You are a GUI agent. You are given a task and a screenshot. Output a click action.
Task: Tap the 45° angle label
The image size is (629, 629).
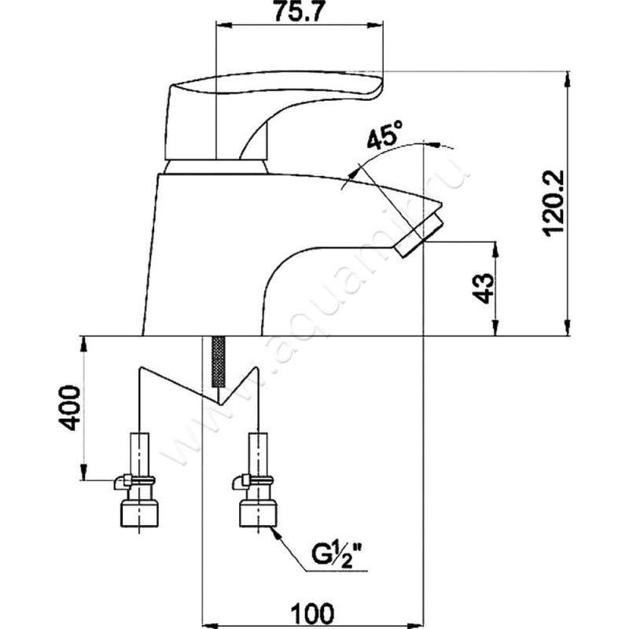tap(382, 141)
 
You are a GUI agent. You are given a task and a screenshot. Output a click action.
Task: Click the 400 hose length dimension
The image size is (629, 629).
tap(69, 407)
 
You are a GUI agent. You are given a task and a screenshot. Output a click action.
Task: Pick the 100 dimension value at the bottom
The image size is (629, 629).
tap(311, 610)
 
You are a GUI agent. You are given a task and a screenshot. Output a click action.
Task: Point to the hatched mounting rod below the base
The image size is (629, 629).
tap(219, 362)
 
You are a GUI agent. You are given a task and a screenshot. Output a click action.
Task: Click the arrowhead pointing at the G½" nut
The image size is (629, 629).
tap(276, 532)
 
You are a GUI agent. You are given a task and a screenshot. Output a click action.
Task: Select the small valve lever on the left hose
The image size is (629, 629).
tap(122, 480)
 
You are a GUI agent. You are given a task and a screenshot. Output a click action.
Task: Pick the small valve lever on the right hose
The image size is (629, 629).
tap(240, 480)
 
